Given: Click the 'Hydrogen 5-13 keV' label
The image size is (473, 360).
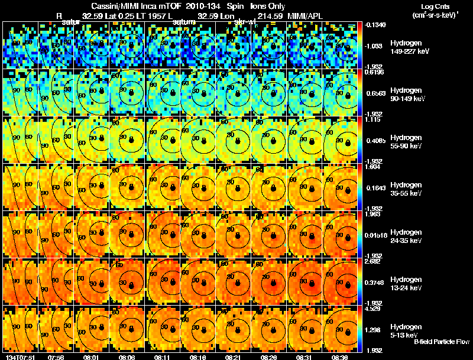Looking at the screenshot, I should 406,330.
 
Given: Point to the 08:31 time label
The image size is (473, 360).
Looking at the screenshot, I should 306,357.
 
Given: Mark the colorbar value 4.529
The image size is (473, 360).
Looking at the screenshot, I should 372,309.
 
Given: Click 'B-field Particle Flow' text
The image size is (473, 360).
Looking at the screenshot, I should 442,342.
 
